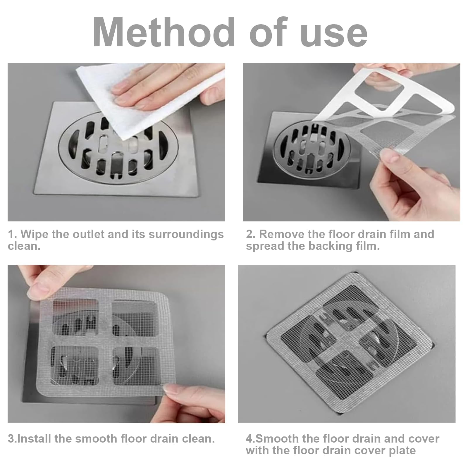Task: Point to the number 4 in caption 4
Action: click(249, 439)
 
